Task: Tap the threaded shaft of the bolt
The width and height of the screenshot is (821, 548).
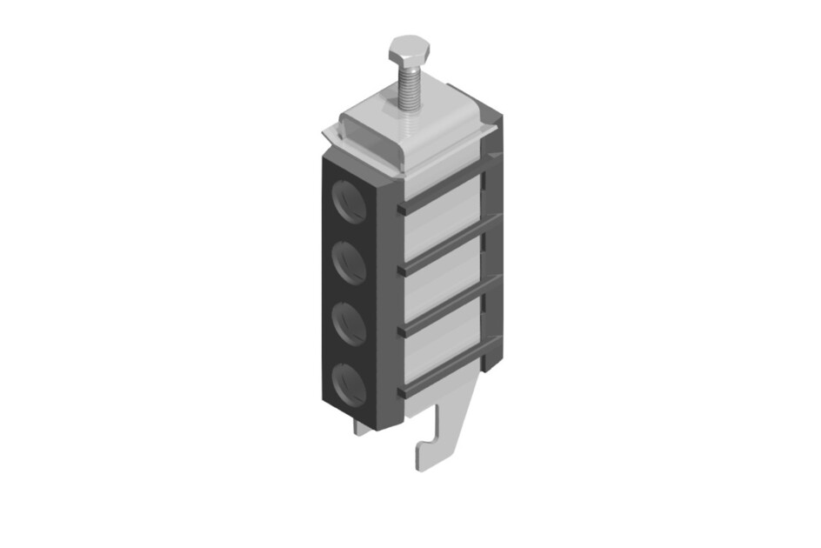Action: (408, 88)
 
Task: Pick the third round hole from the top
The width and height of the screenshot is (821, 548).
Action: (350, 321)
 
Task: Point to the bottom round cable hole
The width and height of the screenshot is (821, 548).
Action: (350, 381)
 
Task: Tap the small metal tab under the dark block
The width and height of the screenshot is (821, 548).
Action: (363, 427)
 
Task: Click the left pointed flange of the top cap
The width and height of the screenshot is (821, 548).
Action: (331, 136)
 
